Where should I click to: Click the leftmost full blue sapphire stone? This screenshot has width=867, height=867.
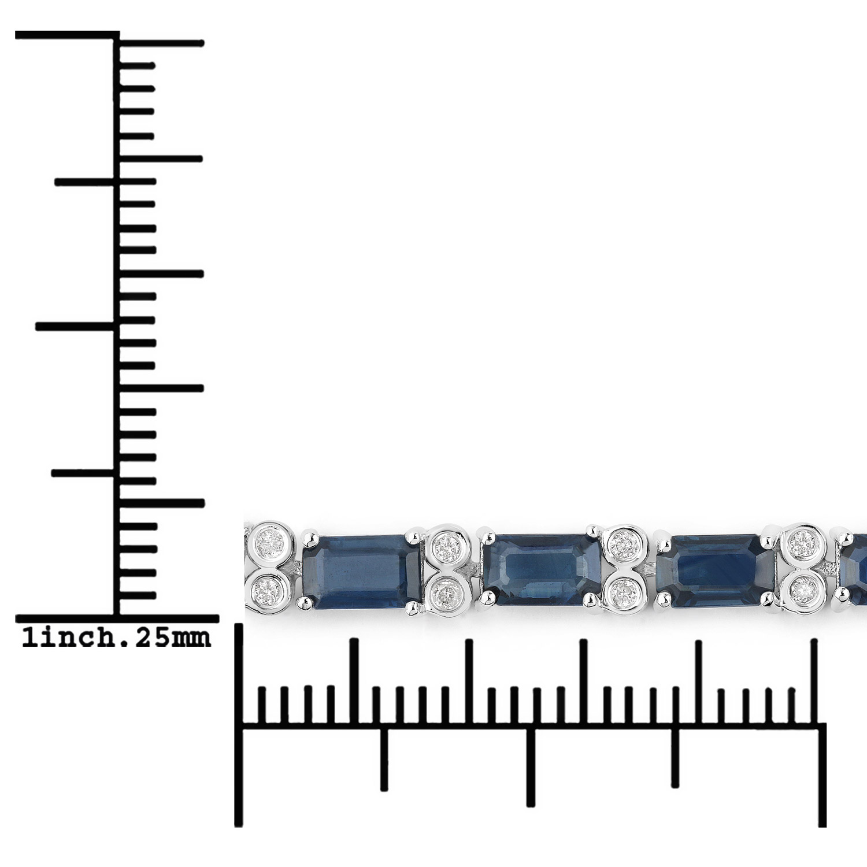point(361,571)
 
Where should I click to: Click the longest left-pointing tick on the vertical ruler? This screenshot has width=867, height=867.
point(75,327)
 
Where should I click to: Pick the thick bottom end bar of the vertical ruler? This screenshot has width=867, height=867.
point(116,619)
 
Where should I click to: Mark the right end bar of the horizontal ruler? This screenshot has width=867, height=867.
point(821,775)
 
